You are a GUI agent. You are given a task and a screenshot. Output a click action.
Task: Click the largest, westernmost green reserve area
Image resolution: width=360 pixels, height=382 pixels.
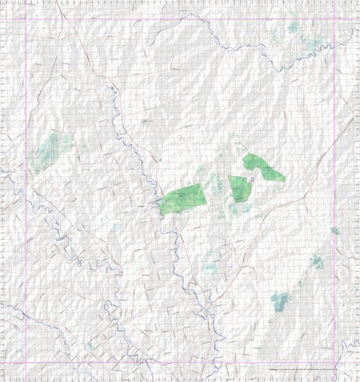tap(182, 199)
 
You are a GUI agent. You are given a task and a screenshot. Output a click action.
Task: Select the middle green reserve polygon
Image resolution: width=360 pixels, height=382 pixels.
tap(238, 188)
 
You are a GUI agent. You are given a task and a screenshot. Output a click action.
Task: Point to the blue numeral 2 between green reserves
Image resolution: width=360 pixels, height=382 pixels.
tap(253, 180)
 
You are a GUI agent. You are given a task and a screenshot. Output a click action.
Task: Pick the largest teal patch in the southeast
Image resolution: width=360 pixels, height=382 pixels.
tap(280, 301)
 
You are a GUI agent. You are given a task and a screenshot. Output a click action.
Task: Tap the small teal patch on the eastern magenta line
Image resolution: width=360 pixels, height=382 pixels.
tap(334, 231)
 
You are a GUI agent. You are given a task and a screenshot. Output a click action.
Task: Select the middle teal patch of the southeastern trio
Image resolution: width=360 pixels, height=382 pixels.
tap(316, 262)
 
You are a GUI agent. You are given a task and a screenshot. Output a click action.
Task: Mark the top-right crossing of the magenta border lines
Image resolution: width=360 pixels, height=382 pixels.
tap(334, 19)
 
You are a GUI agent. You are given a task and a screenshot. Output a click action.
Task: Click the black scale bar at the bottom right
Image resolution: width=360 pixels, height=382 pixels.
tap(300, 369)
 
